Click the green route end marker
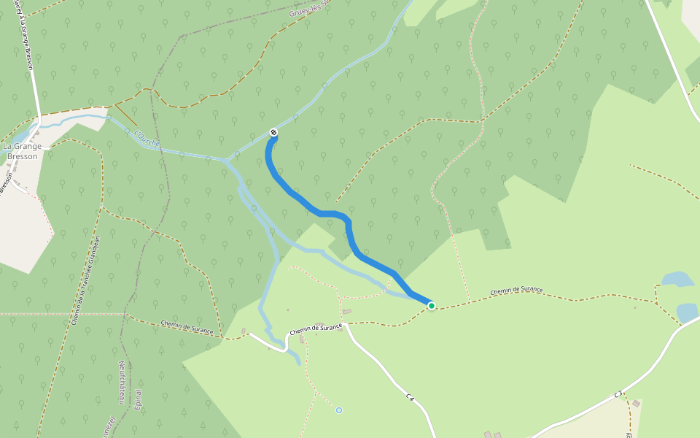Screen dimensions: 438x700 (x=432, y=306)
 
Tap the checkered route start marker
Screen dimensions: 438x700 (x=273, y=132)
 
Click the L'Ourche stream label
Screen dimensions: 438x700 (x=147, y=137)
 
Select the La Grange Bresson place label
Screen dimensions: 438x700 (x=22, y=150)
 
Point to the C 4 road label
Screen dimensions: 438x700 (x=411, y=398)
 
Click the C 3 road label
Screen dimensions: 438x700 (x=618, y=394)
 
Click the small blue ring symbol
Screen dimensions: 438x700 (x=339, y=410)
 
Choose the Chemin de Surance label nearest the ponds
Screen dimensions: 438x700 (x=516, y=291)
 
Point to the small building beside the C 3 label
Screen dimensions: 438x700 (x=636, y=404)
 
